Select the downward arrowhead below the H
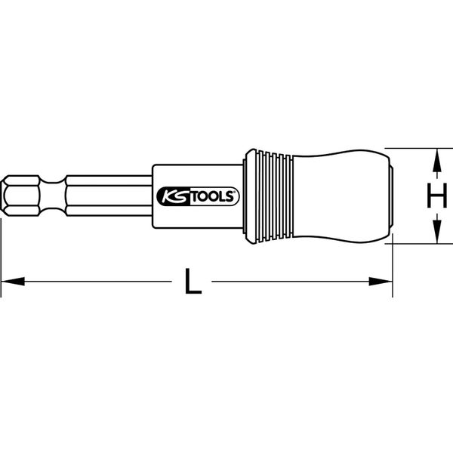[x=436, y=231]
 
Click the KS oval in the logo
[x=173, y=196]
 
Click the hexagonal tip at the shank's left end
[x=17, y=196]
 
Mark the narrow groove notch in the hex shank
[x=54, y=196]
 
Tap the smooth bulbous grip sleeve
[x=340, y=196]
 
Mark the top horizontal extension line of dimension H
[x=415, y=149]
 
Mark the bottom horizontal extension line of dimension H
[x=415, y=243]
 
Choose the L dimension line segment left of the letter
[x=98, y=282]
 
